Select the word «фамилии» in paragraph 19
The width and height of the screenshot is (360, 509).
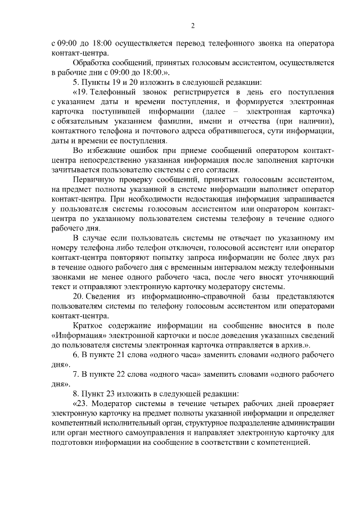191,121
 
